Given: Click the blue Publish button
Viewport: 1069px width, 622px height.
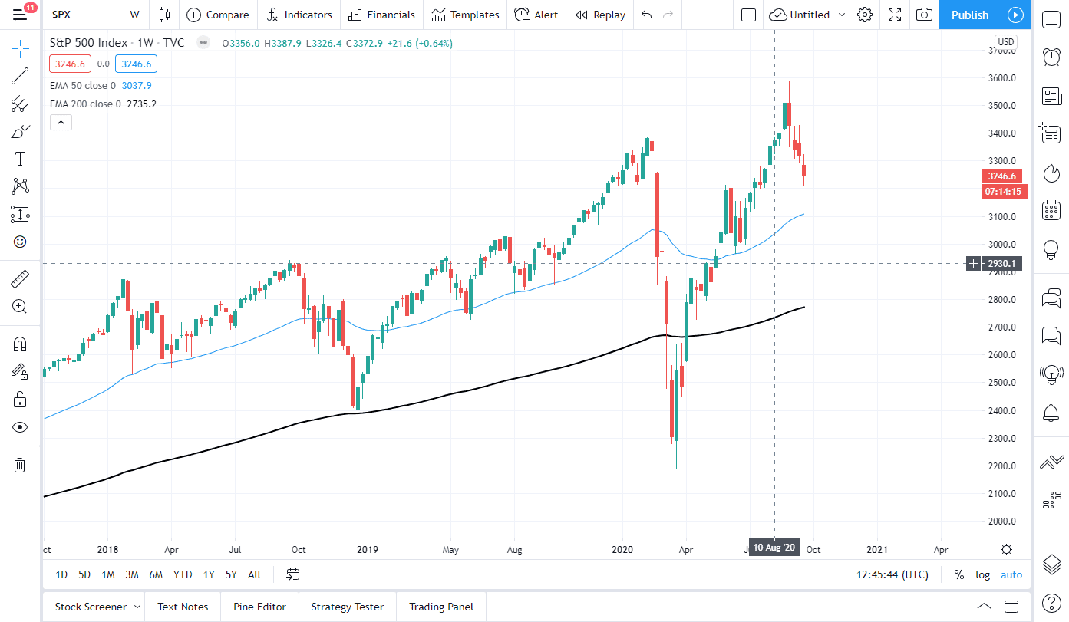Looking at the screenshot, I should [x=969, y=15].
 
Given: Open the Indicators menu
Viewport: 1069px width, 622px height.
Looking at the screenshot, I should [x=299, y=15].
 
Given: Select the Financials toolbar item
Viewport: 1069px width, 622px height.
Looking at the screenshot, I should [x=381, y=15].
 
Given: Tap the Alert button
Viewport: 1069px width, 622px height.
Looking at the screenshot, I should [x=536, y=15].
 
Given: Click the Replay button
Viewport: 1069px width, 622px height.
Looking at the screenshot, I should [x=600, y=15].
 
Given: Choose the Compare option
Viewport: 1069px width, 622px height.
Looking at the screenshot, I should [x=218, y=15].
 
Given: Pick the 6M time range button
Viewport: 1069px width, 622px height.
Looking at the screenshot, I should [x=156, y=574].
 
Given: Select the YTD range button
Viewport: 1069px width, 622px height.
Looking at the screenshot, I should [x=183, y=574].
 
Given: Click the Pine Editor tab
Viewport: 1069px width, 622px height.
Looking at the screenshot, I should [x=259, y=607].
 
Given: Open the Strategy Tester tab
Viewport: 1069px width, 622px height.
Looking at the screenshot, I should [x=347, y=607].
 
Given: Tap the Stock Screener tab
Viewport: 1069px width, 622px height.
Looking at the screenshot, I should [x=91, y=607].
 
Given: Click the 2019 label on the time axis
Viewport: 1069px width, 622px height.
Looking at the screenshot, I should [x=367, y=550].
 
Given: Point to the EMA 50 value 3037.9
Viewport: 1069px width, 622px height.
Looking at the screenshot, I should [x=137, y=85].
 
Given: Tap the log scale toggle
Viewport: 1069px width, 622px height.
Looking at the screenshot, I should [x=982, y=574].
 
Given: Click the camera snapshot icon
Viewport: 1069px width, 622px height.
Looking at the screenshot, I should [x=925, y=15].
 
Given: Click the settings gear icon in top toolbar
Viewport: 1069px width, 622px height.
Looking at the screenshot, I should [x=865, y=15].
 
